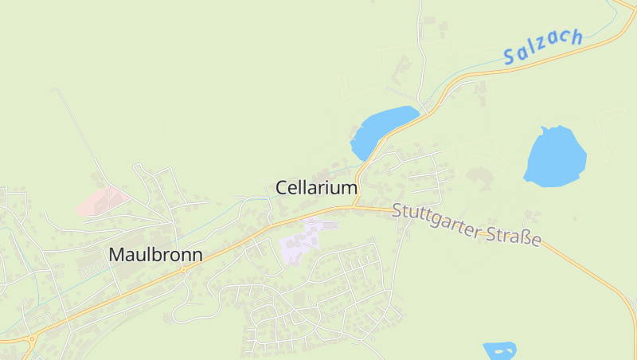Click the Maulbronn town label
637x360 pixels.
click(x=155, y=255)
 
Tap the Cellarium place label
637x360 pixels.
click(x=316, y=187)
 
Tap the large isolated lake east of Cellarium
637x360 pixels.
click(x=555, y=157)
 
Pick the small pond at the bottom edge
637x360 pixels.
click(x=499, y=350)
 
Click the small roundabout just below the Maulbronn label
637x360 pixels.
click(x=184, y=269)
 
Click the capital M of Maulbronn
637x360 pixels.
click(x=116, y=255)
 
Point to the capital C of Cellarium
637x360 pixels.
click(x=282, y=187)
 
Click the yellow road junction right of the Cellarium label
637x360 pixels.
click(x=354, y=205)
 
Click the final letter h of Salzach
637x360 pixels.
click(x=576, y=37)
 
